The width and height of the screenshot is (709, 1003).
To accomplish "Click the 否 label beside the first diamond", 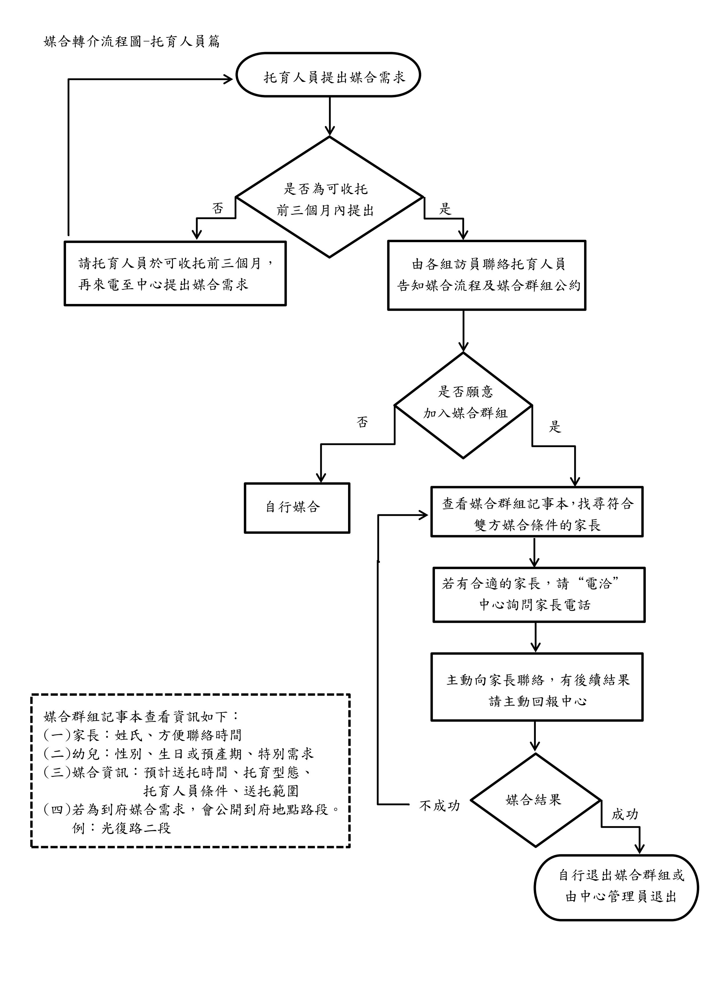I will coord(217,208).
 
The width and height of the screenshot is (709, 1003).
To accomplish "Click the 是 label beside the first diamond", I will coord(444,209).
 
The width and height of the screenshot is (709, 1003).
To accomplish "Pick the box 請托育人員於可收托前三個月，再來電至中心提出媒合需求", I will coord(175,273).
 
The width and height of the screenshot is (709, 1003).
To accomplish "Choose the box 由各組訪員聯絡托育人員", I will coord(486,275).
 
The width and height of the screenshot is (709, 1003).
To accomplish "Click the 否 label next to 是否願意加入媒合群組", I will coord(362,422).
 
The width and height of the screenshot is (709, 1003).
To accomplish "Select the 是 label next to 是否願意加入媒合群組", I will coord(554,427).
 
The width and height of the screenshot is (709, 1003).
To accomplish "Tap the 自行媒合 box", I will coord(297,508).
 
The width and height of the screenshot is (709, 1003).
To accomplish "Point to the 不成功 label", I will coord(439,805).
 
